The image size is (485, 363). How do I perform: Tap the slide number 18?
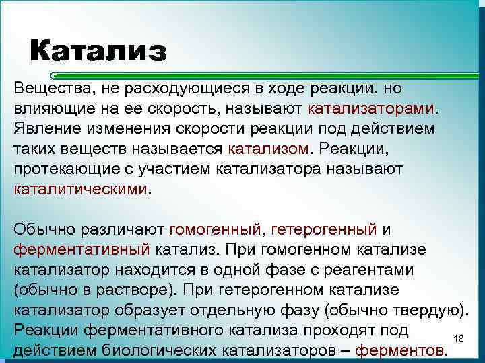[x=460, y=337]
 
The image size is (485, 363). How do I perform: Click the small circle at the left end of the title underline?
[x=54, y=76]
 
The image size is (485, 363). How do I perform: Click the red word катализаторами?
[x=372, y=108]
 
